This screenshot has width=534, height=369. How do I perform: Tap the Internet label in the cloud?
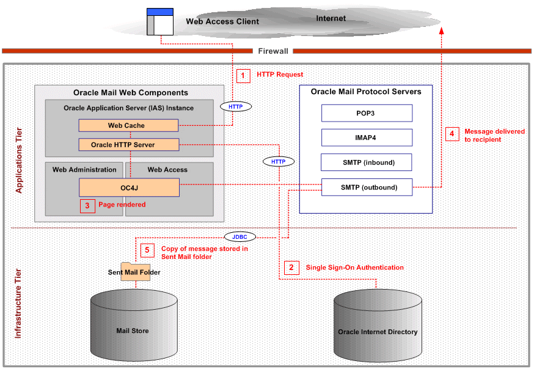[331, 18]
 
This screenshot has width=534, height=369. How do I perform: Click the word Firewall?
[272, 51]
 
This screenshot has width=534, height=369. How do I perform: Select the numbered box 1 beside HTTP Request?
[243, 75]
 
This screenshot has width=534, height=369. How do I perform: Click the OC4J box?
[128, 188]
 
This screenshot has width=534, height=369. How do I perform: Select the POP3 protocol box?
[367, 113]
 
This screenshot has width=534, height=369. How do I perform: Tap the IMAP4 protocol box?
[367, 137]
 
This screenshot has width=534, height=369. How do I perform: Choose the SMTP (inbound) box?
[367, 162]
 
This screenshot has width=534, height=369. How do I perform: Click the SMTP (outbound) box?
[367, 187]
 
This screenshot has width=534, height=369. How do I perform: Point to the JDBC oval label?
[240, 236]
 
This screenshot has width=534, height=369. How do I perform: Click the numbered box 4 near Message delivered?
[452, 134]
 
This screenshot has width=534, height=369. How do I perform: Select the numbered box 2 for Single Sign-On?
[291, 268]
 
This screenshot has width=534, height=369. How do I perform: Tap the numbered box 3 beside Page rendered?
[87, 205]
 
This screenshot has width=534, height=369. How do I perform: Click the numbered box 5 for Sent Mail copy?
[147, 250]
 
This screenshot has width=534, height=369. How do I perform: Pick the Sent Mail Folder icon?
[135, 272]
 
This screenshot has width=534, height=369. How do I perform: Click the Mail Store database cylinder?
[133, 327]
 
